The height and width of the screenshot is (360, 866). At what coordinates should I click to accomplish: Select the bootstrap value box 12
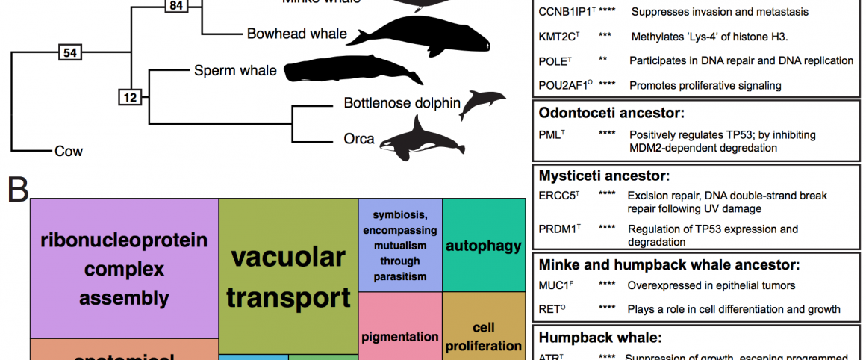pyautogui.click(x=130, y=97)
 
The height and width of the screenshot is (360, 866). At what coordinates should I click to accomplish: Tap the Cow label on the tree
pyautogui.click(x=68, y=152)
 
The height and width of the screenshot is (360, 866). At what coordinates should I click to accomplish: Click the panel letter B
pyautogui.click(x=18, y=190)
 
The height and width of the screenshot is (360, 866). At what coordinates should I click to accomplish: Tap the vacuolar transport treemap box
pyautogui.click(x=288, y=276)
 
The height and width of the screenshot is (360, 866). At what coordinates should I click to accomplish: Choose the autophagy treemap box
pyautogui.click(x=483, y=245)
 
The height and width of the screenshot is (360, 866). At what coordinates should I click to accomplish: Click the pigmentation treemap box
pyautogui.click(x=400, y=336)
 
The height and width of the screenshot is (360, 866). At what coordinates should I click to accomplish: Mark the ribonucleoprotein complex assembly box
pyautogui.click(x=124, y=268)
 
